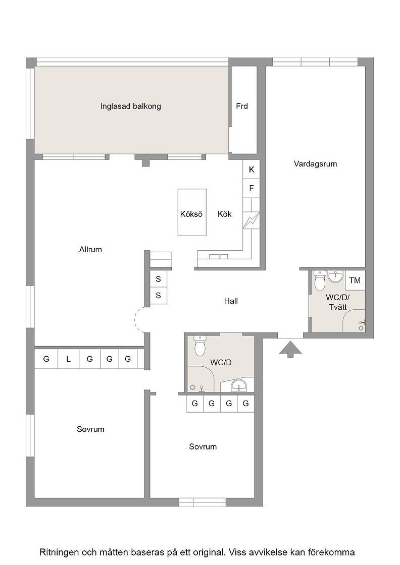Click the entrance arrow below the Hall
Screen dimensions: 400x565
click(290, 349)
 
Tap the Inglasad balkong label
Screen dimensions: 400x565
click(131, 106)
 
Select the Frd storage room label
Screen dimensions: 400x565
click(242, 106)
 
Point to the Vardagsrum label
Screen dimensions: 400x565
click(315, 164)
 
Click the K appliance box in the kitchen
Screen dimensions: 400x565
click(252, 169)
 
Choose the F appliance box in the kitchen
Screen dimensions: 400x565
click(252, 188)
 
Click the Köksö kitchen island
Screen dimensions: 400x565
click(192, 212)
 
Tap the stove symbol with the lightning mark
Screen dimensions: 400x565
click(252, 220)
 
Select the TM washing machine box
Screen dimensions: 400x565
click(355, 280)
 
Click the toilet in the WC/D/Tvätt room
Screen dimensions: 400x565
click(320, 280)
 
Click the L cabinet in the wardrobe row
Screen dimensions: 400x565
click(68, 359)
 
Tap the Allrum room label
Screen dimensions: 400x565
click(90, 249)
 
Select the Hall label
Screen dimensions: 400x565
click(231, 301)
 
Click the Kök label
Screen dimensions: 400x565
click(224, 214)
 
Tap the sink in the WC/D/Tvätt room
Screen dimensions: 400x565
click(335, 277)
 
